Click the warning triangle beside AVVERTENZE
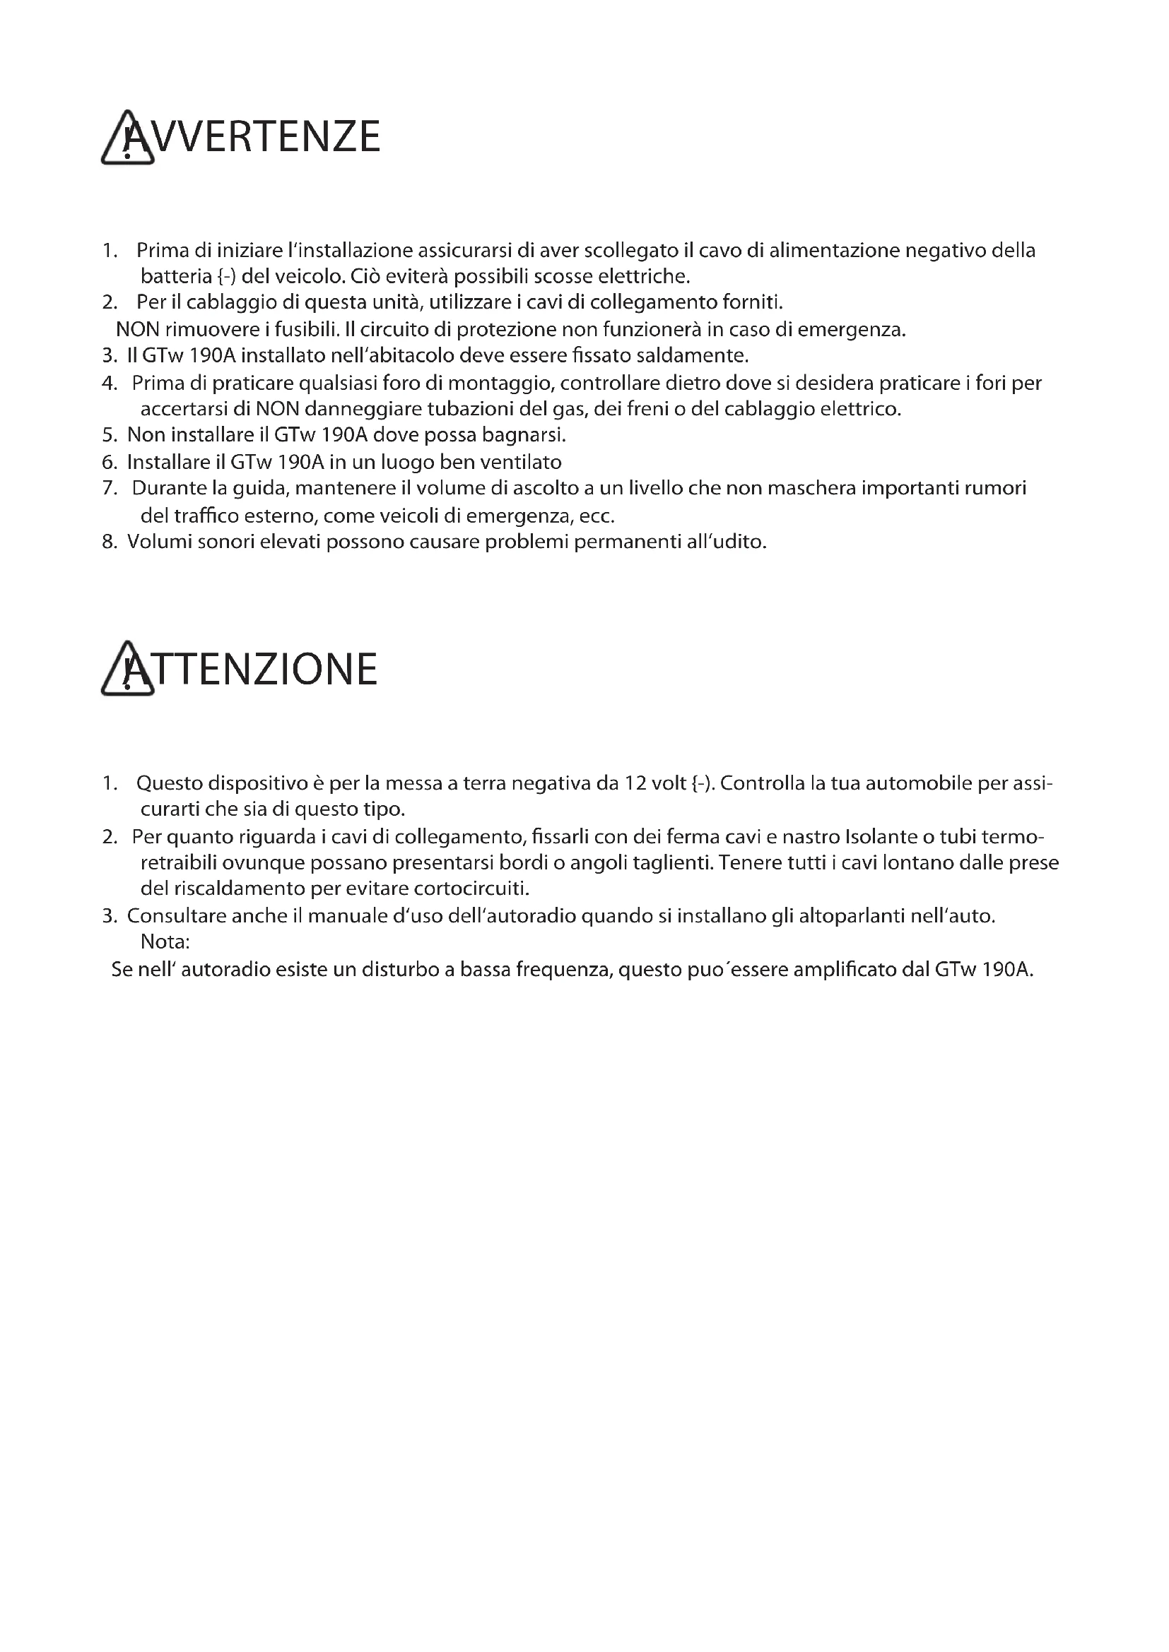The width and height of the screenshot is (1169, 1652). [x=127, y=138]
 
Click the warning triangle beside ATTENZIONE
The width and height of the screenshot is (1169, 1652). [x=127, y=669]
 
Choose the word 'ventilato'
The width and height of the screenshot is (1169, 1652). [x=520, y=461]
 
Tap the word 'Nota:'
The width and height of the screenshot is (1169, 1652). [x=165, y=942]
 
